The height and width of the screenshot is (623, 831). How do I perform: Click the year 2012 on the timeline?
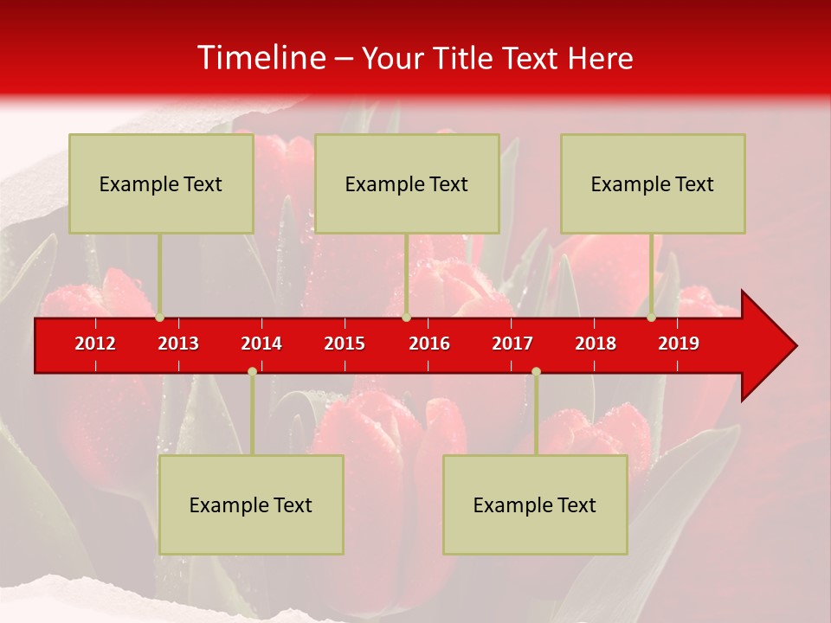(95, 344)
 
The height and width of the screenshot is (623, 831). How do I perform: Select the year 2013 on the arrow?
(178, 344)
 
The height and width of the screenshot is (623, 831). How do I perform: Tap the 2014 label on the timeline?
(261, 344)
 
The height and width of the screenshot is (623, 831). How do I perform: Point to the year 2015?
(345, 344)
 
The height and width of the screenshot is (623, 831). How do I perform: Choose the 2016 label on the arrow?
(429, 344)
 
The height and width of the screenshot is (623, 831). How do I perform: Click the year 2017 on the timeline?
(512, 344)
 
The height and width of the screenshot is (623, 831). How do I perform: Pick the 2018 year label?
(596, 344)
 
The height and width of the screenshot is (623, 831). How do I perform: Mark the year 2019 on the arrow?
(679, 344)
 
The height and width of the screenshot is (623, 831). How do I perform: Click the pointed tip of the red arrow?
(794, 346)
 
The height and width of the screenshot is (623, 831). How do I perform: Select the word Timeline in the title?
(261, 58)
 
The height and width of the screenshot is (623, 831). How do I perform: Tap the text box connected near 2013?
(161, 183)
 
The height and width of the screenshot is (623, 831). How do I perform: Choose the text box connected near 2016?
(407, 183)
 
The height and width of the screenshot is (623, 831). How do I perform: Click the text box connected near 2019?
(653, 183)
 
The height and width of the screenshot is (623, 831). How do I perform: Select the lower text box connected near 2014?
(251, 504)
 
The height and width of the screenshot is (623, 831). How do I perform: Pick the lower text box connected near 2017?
(535, 504)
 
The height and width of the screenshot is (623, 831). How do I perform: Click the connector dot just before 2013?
(160, 318)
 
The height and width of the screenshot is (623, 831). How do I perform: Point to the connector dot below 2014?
(252, 371)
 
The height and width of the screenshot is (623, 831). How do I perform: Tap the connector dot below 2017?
(536, 371)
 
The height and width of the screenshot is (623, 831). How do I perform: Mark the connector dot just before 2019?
(651, 318)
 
